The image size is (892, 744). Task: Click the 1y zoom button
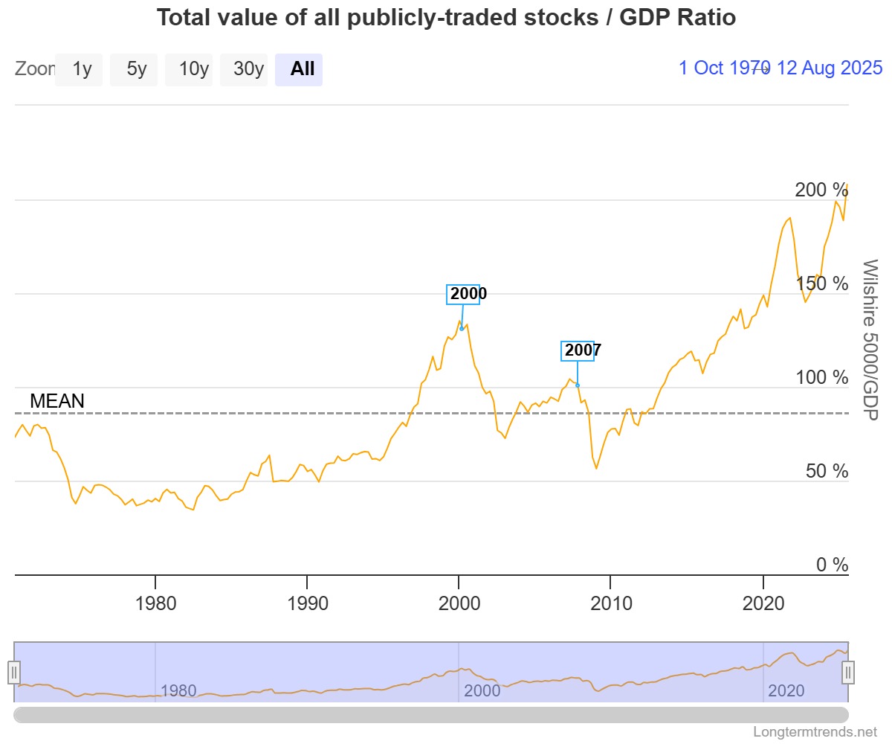(79, 69)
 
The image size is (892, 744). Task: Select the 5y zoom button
(134, 69)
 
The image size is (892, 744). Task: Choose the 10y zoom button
(189, 69)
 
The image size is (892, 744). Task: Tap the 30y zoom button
(244, 69)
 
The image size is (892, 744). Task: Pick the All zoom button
(299, 69)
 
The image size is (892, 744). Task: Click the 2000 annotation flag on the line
(463, 294)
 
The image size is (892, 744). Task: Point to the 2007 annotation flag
(578, 350)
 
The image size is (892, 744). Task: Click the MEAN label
(57, 401)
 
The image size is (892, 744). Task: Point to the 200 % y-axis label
(821, 190)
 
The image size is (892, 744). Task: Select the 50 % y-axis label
(827, 471)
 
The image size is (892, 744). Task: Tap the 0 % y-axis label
(832, 565)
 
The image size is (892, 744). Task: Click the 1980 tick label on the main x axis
(155, 603)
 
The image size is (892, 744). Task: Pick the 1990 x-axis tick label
(307, 603)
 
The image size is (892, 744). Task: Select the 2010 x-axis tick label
(611, 603)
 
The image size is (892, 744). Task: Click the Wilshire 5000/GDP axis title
(870, 340)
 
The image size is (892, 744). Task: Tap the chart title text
(446, 18)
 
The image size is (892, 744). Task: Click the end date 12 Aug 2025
(830, 68)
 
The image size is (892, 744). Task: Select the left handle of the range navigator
(14, 673)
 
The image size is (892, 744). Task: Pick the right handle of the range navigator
(848, 673)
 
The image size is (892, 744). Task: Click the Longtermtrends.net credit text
(815, 732)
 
